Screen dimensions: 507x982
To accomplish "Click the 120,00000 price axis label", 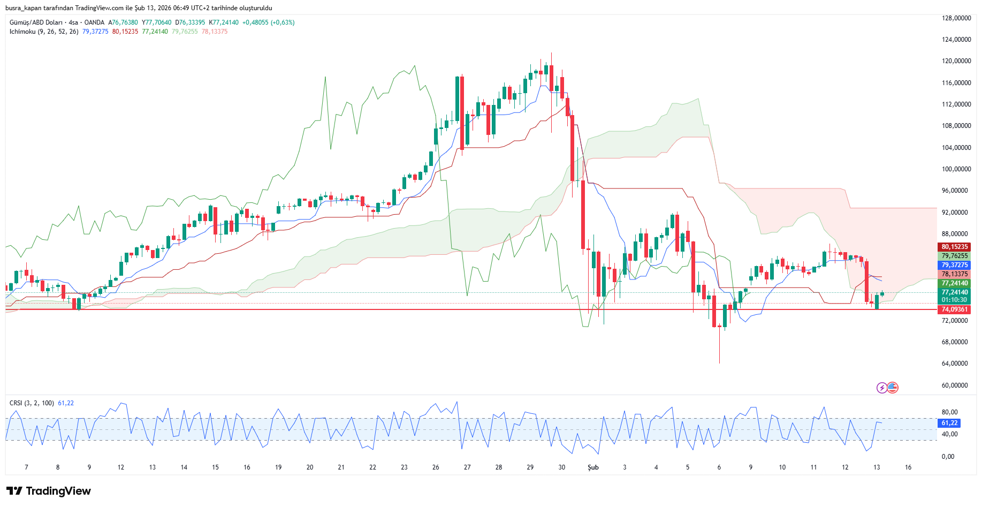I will tap(956, 61).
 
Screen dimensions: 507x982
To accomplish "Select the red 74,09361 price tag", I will tap(954, 309).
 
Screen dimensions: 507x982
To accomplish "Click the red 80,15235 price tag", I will tap(954, 247).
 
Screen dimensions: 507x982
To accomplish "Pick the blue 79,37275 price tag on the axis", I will tap(954, 265).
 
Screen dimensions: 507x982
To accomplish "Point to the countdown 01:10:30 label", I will tap(954, 300).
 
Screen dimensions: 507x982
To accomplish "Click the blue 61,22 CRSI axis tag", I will tap(949, 423).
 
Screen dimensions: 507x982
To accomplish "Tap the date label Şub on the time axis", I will tap(593, 467).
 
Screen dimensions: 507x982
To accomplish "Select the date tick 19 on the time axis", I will tap(278, 467).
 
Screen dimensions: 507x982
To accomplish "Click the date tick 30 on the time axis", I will tap(561, 467).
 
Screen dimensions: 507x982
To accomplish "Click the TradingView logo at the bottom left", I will tap(49, 491).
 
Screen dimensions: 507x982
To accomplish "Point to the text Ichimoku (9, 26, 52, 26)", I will tap(44, 32).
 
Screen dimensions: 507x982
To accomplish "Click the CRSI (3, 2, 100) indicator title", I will tap(32, 403).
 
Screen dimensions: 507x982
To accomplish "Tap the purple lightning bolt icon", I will tap(881, 388).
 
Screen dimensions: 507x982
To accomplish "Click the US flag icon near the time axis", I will tap(892, 388).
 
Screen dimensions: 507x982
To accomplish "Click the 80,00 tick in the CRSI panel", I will tap(949, 412).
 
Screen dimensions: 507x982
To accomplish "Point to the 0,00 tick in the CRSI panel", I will tap(948, 457).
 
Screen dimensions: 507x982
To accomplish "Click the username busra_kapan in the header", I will tap(24, 8).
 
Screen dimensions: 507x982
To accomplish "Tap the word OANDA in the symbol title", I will tap(94, 22).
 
